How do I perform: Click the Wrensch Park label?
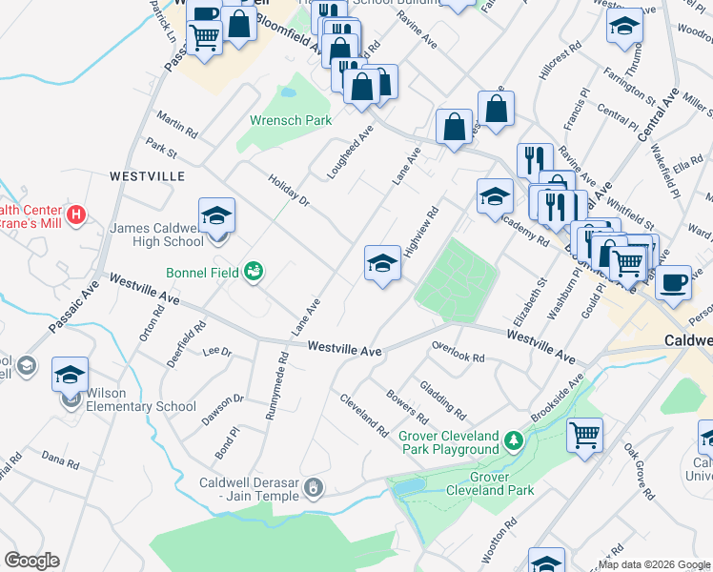(291, 121)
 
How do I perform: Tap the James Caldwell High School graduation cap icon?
(216, 215)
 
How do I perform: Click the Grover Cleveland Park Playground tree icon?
(514, 440)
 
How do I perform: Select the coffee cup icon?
(673, 282)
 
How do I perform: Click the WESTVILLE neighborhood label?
(147, 176)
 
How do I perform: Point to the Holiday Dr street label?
(289, 190)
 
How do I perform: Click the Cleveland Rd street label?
(363, 415)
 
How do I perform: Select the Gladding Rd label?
(443, 400)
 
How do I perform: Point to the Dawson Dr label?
(222, 411)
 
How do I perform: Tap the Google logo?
(31, 561)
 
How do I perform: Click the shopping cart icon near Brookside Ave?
(585, 436)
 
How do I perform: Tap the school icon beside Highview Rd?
(382, 263)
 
